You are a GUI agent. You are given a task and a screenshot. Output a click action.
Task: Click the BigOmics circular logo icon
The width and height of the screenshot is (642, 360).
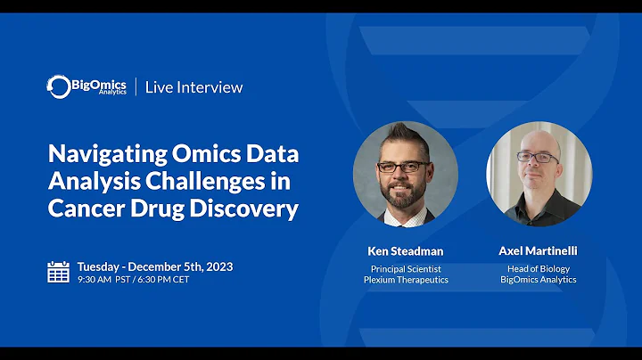pyautogui.click(x=59, y=86)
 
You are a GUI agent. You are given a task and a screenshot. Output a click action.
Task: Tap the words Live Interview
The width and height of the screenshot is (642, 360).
pyautogui.click(x=193, y=86)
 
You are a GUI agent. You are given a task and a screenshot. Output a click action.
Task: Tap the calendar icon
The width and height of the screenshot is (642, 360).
pyautogui.click(x=58, y=271)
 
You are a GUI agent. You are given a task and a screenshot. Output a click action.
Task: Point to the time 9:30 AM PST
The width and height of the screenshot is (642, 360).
pyautogui.click(x=104, y=279)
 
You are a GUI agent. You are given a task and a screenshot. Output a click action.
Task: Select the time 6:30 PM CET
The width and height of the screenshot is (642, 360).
pyautogui.click(x=163, y=279)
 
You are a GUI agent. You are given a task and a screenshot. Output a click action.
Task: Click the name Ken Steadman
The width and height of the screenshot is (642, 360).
pyautogui.click(x=405, y=251)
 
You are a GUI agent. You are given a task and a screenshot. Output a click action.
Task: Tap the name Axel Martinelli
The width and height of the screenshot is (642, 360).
pyautogui.click(x=538, y=251)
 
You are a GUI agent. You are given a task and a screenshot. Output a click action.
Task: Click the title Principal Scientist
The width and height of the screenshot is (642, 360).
pyautogui.click(x=405, y=268)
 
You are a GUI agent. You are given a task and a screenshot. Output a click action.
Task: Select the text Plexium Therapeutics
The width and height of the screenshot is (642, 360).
pyautogui.click(x=405, y=280)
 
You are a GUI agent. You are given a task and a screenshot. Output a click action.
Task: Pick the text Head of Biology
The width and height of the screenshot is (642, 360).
pyautogui.click(x=538, y=268)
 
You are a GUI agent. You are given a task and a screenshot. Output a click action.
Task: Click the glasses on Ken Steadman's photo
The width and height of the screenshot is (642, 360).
pyautogui.click(x=403, y=167)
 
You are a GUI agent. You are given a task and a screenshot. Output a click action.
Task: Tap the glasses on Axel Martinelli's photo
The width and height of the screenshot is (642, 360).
pyautogui.click(x=538, y=158)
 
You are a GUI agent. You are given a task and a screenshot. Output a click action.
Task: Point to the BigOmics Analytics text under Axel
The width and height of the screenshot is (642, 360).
pyautogui.click(x=538, y=280)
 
